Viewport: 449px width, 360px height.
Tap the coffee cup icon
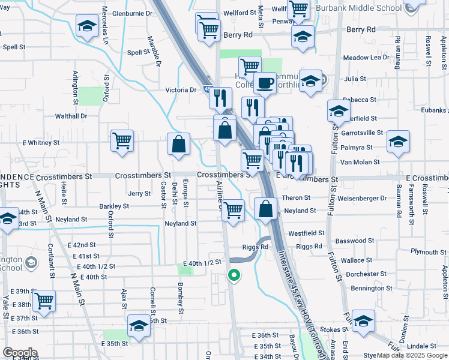264,83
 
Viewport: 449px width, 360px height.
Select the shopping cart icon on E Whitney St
122,141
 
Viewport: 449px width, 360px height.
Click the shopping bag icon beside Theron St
265,209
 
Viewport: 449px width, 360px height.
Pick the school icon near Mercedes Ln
88,27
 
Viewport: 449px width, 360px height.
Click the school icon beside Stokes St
363,321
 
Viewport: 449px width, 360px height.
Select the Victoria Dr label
181,90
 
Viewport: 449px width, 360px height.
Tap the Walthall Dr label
71,116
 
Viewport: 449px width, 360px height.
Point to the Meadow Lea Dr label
366,58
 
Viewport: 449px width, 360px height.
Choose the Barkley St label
114,206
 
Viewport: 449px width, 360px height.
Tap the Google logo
19,353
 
